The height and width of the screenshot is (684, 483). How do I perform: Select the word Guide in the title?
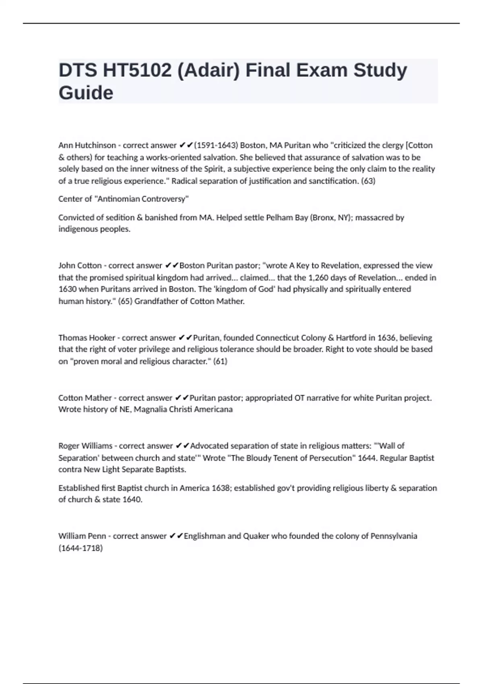pos(86,93)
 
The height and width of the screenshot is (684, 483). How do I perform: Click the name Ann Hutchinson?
pos(87,145)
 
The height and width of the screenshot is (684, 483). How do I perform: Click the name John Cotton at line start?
pos(80,266)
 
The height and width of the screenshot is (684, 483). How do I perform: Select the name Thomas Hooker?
pos(87,338)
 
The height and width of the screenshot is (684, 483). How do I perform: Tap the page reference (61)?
pos(220,361)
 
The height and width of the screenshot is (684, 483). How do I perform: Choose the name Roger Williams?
pos(85,446)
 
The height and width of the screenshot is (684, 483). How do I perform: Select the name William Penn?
pos(82,536)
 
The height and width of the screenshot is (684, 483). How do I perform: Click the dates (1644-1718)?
pos(80,548)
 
